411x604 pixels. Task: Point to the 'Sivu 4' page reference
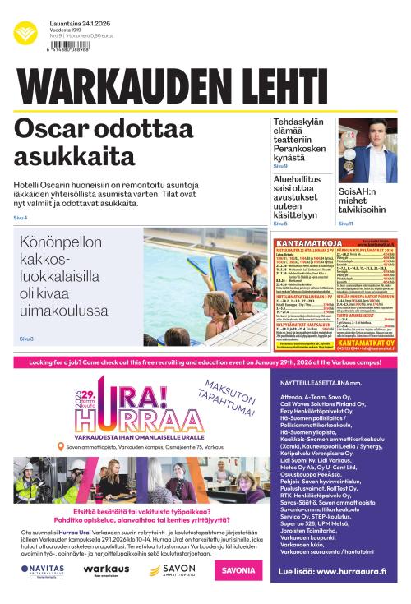pyautogui.click(x=21, y=217)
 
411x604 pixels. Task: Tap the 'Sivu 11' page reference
pyautogui.click(x=345, y=223)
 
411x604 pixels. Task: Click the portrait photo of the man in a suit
pyautogui.click(x=368, y=151)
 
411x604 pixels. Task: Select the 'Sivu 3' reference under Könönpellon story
pyautogui.click(x=26, y=338)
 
